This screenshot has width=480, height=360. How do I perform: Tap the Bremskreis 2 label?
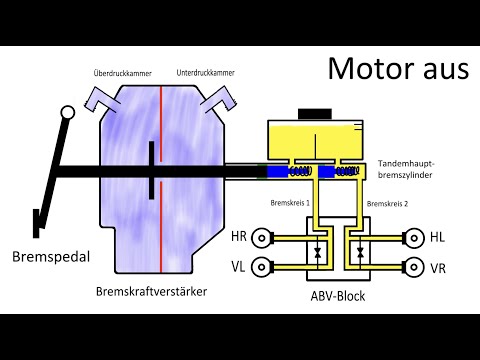pos(386,203)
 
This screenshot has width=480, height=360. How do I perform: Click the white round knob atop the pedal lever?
pos(67,113)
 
